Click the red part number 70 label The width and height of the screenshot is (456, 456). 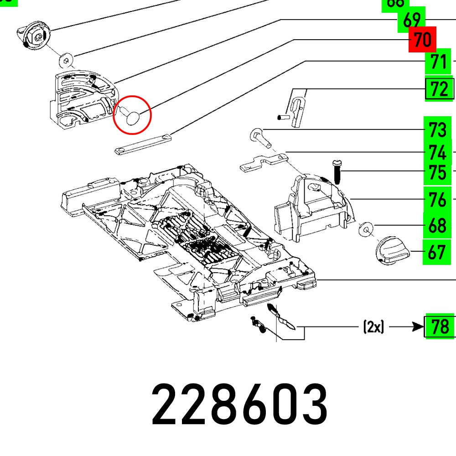coord(422,40)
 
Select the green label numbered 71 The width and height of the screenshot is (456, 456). coord(438,62)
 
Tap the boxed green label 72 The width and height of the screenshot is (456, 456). coord(440,89)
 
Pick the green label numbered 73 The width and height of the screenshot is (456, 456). coord(437,130)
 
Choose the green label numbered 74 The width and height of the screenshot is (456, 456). coord(437,152)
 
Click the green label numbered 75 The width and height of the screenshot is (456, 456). coord(437,173)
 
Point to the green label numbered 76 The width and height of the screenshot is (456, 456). coord(437,199)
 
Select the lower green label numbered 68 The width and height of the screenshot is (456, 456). coord(437,226)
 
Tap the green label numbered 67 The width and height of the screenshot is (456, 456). coord(436,252)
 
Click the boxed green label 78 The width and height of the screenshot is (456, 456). coord(440,326)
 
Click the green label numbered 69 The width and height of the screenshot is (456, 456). coord(411,20)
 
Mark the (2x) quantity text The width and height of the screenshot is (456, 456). coord(373,327)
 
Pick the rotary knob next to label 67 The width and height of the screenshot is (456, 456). coord(391,251)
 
